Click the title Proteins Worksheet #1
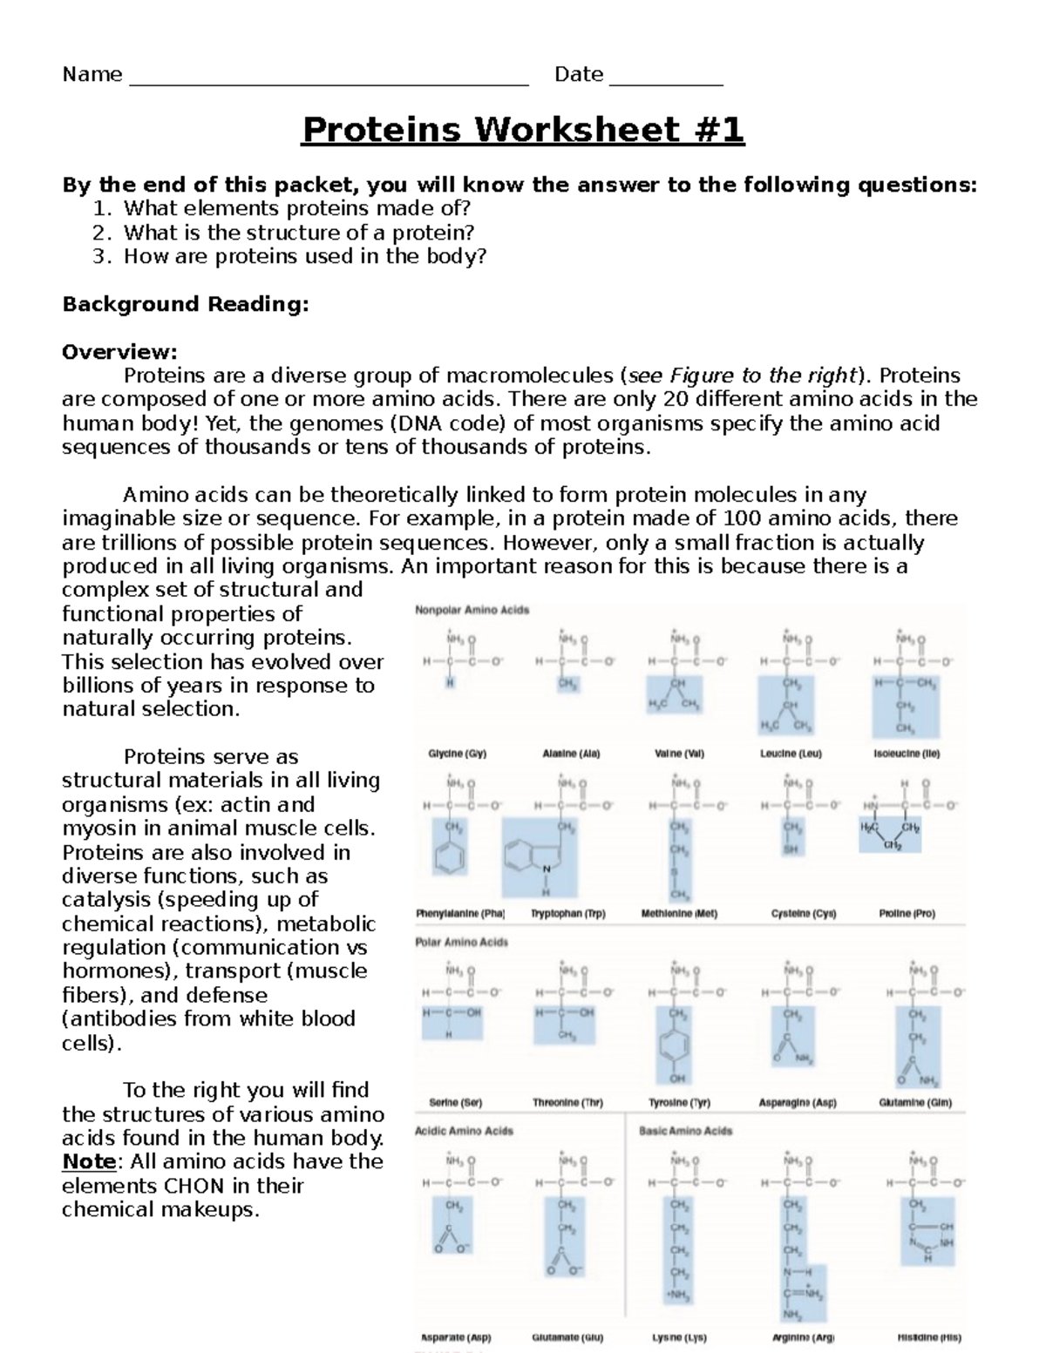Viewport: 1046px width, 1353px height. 523,131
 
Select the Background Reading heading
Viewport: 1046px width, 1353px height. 186,304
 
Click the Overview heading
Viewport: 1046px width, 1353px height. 119,352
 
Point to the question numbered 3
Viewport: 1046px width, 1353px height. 304,256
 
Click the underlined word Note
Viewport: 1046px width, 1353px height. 89,1161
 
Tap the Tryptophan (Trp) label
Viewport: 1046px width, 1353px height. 567,914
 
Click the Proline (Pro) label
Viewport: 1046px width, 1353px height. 907,914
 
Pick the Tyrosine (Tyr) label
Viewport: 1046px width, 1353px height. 679,1102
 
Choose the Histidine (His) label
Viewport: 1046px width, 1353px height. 928,1337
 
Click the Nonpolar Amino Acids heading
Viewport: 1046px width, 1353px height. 472,610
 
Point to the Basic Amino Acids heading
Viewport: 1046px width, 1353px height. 685,1131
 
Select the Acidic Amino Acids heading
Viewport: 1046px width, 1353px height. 464,1131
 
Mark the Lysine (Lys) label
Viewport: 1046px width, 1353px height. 679,1337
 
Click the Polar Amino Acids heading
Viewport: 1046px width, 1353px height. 461,942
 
